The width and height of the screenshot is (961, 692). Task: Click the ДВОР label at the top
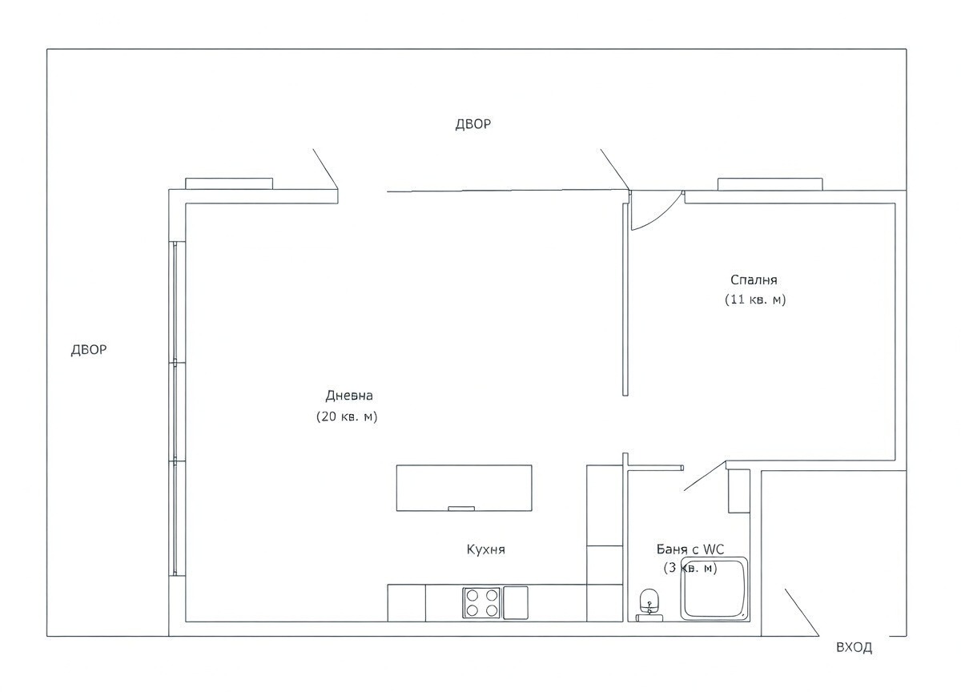472,124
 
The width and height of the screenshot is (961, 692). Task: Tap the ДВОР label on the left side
89,350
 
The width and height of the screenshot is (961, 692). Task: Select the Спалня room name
754,280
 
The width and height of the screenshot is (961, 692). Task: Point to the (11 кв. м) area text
754,300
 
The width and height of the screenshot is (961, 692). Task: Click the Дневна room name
349,396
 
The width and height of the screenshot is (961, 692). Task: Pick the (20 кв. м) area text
347,416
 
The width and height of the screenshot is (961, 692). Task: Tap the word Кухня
485,549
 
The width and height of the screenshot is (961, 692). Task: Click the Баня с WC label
690,549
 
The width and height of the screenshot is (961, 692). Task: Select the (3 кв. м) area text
690,568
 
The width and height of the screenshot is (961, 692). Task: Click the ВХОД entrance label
854,648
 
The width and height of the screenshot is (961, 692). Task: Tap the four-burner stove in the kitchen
481,602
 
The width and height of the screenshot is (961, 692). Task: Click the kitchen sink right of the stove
515,601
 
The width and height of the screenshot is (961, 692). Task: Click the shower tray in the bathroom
714,589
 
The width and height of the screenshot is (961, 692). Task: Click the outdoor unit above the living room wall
229,183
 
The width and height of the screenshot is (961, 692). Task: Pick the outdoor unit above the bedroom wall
770,184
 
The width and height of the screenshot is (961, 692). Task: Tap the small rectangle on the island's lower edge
460,508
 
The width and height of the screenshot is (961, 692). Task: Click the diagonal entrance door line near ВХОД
801,613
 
